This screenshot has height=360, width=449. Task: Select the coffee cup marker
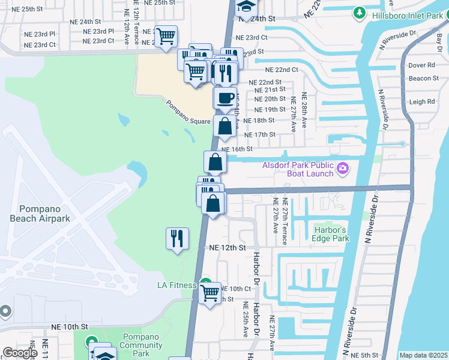click(x=225, y=98)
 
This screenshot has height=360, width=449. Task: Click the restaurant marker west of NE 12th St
click(x=178, y=239)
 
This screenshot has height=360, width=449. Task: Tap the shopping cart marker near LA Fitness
click(x=210, y=293)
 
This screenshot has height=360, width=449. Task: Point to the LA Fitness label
click(x=177, y=285)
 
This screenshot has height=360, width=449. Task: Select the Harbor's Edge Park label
click(x=331, y=234)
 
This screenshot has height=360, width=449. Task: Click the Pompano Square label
click(x=188, y=112)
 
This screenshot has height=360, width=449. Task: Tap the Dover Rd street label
click(x=421, y=65)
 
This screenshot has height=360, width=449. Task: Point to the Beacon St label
click(x=423, y=79)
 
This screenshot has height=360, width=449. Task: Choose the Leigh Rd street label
click(x=421, y=102)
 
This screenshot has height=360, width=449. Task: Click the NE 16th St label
click(x=234, y=149)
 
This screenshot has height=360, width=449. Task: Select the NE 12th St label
click(x=228, y=247)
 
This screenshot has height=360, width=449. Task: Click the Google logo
click(x=20, y=353)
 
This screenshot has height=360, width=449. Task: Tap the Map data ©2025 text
click(x=423, y=355)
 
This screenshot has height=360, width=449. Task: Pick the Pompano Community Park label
click(x=141, y=345)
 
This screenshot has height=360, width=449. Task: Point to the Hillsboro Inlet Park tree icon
click(x=360, y=12)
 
